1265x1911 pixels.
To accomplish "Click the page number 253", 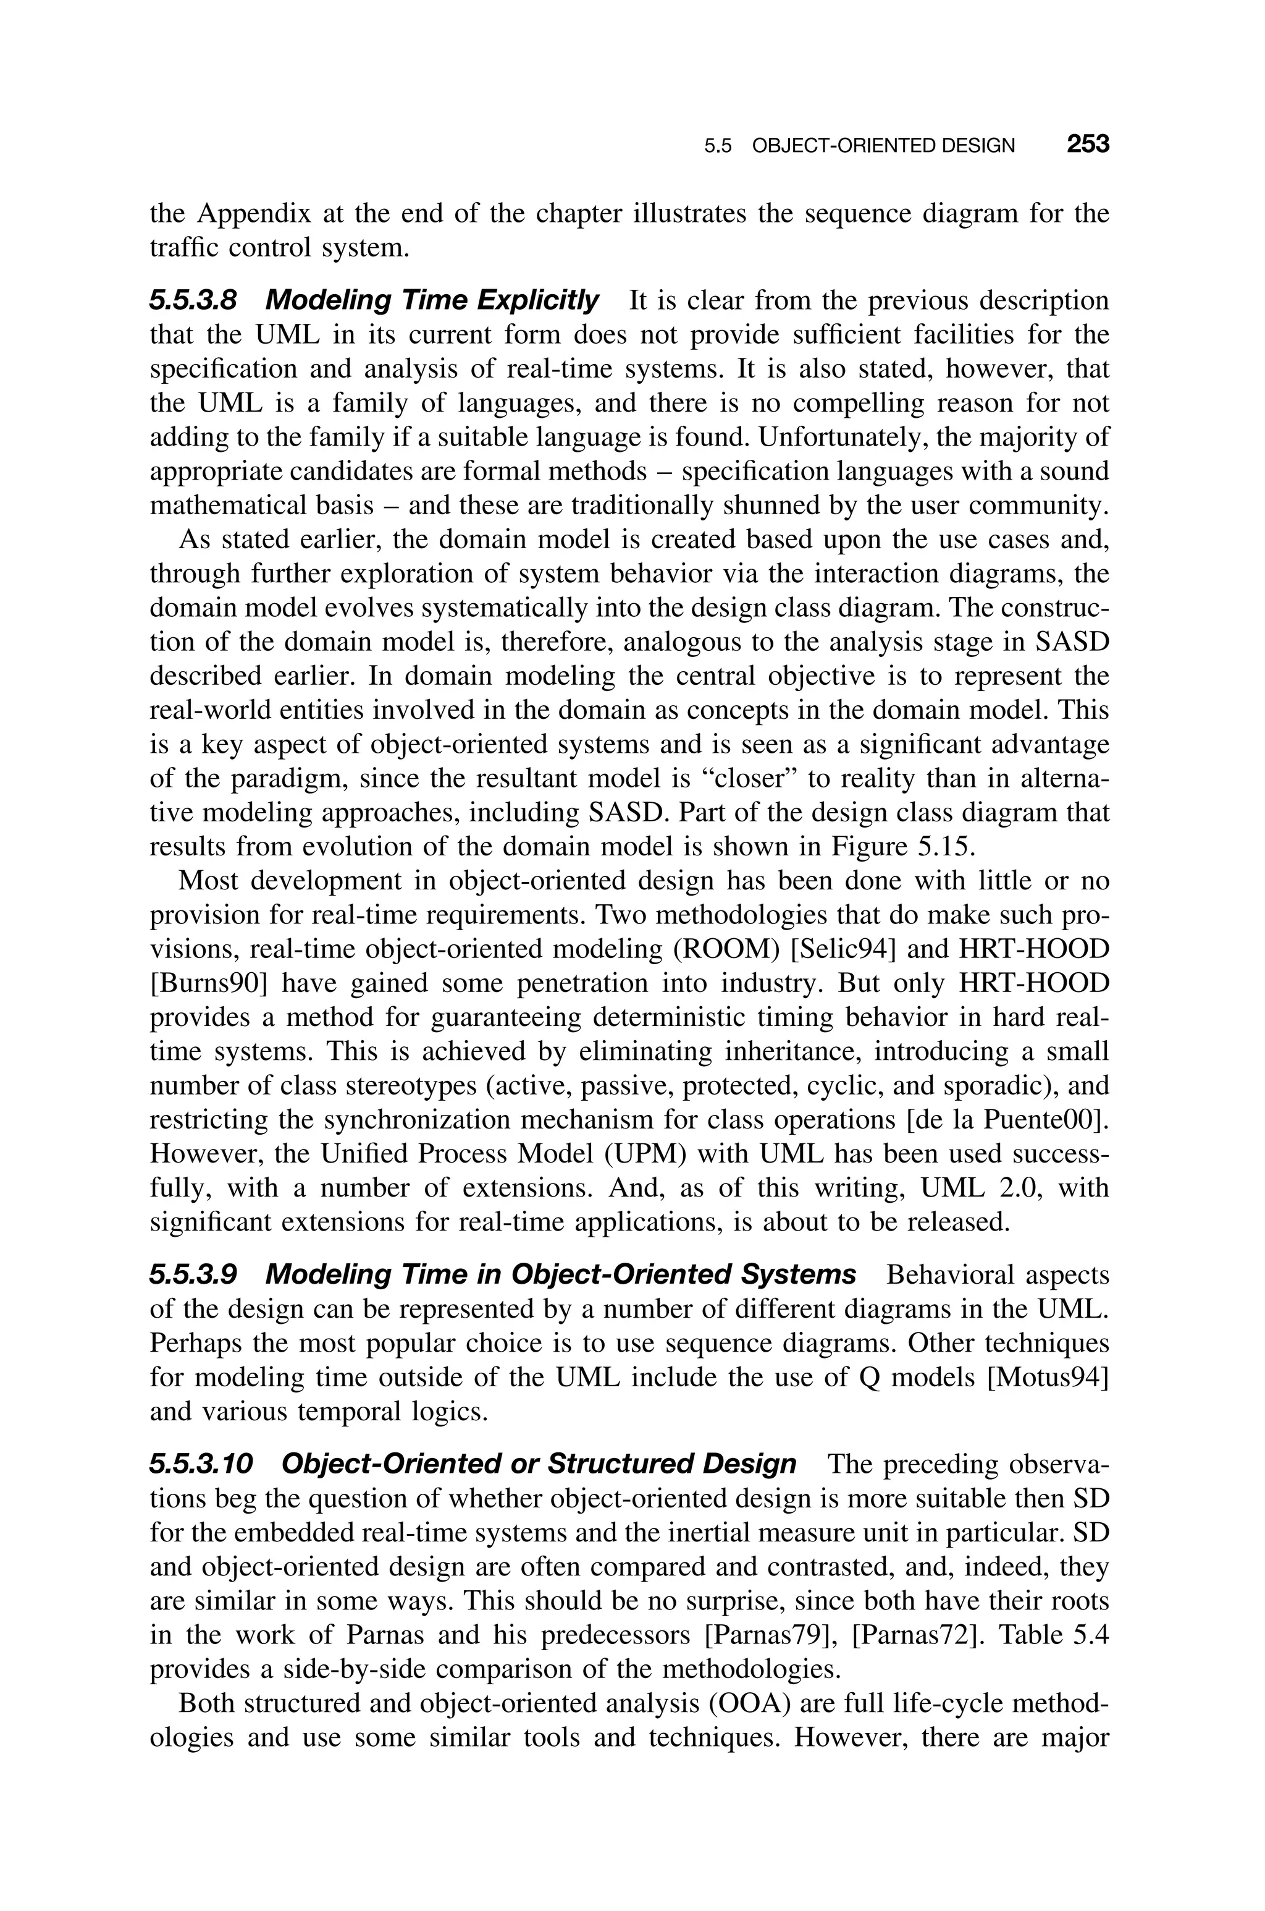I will [1088, 145].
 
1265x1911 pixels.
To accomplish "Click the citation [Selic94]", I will [844, 950].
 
